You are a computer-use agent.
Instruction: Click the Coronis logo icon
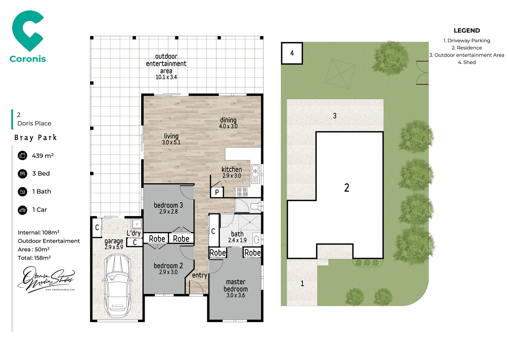click(x=28, y=31)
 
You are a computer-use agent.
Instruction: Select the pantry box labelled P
click(x=217, y=192)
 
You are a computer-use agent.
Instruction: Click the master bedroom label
click(x=236, y=286)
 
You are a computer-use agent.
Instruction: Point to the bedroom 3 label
click(x=168, y=205)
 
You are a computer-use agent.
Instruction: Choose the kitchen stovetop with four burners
click(x=242, y=192)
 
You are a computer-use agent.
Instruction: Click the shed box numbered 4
click(x=292, y=53)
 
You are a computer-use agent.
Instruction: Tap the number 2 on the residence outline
click(x=346, y=188)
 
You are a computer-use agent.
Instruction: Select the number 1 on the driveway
click(x=302, y=283)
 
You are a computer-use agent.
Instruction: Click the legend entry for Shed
click(x=467, y=62)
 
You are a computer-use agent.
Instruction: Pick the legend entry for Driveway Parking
click(x=467, y=41)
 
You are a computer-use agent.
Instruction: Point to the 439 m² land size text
click(x=43, y=156)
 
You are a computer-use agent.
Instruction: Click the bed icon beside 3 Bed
click(x=22, y=174)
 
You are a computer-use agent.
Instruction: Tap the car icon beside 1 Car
click(x=22, y=210)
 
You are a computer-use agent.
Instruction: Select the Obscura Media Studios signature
click(x=46, y=279)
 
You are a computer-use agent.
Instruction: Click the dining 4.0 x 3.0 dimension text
click(x=228, y=126)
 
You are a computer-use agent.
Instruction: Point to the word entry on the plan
click(x=200, y=275)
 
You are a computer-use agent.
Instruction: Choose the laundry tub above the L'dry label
click(x=137, y=224)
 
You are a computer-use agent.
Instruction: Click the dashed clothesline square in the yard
click(x=340, y=74)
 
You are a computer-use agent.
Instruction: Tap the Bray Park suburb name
click(x=36, y=138)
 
